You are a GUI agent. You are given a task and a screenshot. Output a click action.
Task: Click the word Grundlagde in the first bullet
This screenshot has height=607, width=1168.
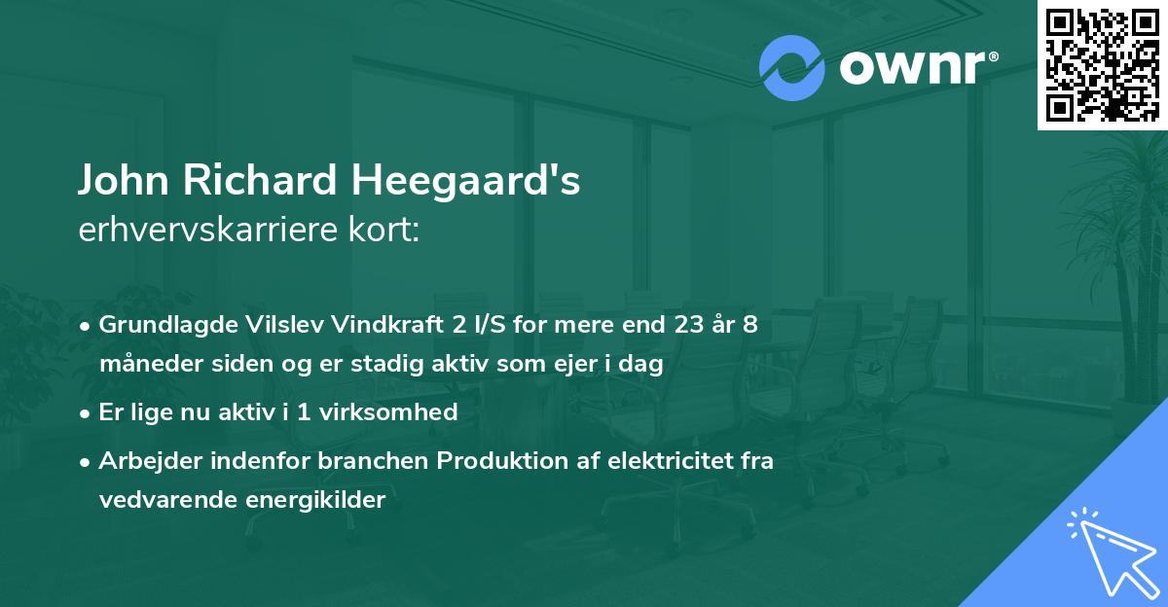tap(156, 325)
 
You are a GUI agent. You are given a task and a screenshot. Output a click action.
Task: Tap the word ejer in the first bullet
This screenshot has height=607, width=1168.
tap(578, 365)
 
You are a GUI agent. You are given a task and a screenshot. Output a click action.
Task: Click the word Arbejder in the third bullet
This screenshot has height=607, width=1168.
tap(141, 461)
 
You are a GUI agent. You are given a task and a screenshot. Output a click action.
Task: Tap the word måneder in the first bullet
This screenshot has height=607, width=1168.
tap(143, 365)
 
